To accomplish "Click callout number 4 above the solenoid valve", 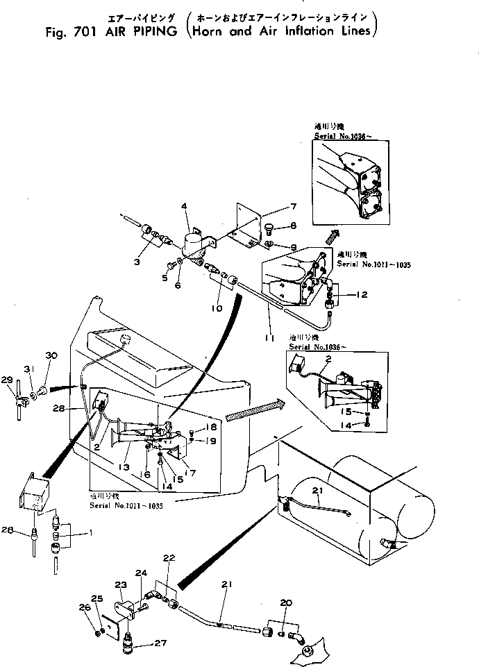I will click(184, 205).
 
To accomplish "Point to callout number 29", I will click(7, 379).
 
